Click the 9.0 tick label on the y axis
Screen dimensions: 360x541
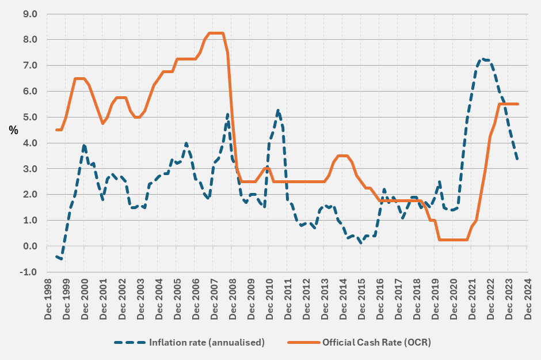point(29,14)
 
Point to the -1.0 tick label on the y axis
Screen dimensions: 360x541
point(28,272)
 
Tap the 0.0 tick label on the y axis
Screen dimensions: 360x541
point(29,246)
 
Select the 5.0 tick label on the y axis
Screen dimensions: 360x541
point(29,117)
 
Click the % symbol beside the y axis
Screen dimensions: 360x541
point(13,130)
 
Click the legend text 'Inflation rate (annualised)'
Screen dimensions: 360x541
point(207,342)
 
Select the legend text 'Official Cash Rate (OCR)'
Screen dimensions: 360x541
point(376,342)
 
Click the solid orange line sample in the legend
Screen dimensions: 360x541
point(302,342)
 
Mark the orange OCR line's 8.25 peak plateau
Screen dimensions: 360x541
point(215,33)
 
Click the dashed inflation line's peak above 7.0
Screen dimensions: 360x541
point(484,59)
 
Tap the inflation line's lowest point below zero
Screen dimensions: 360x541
point(61,259)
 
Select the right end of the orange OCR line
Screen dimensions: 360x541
point(518,104)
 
